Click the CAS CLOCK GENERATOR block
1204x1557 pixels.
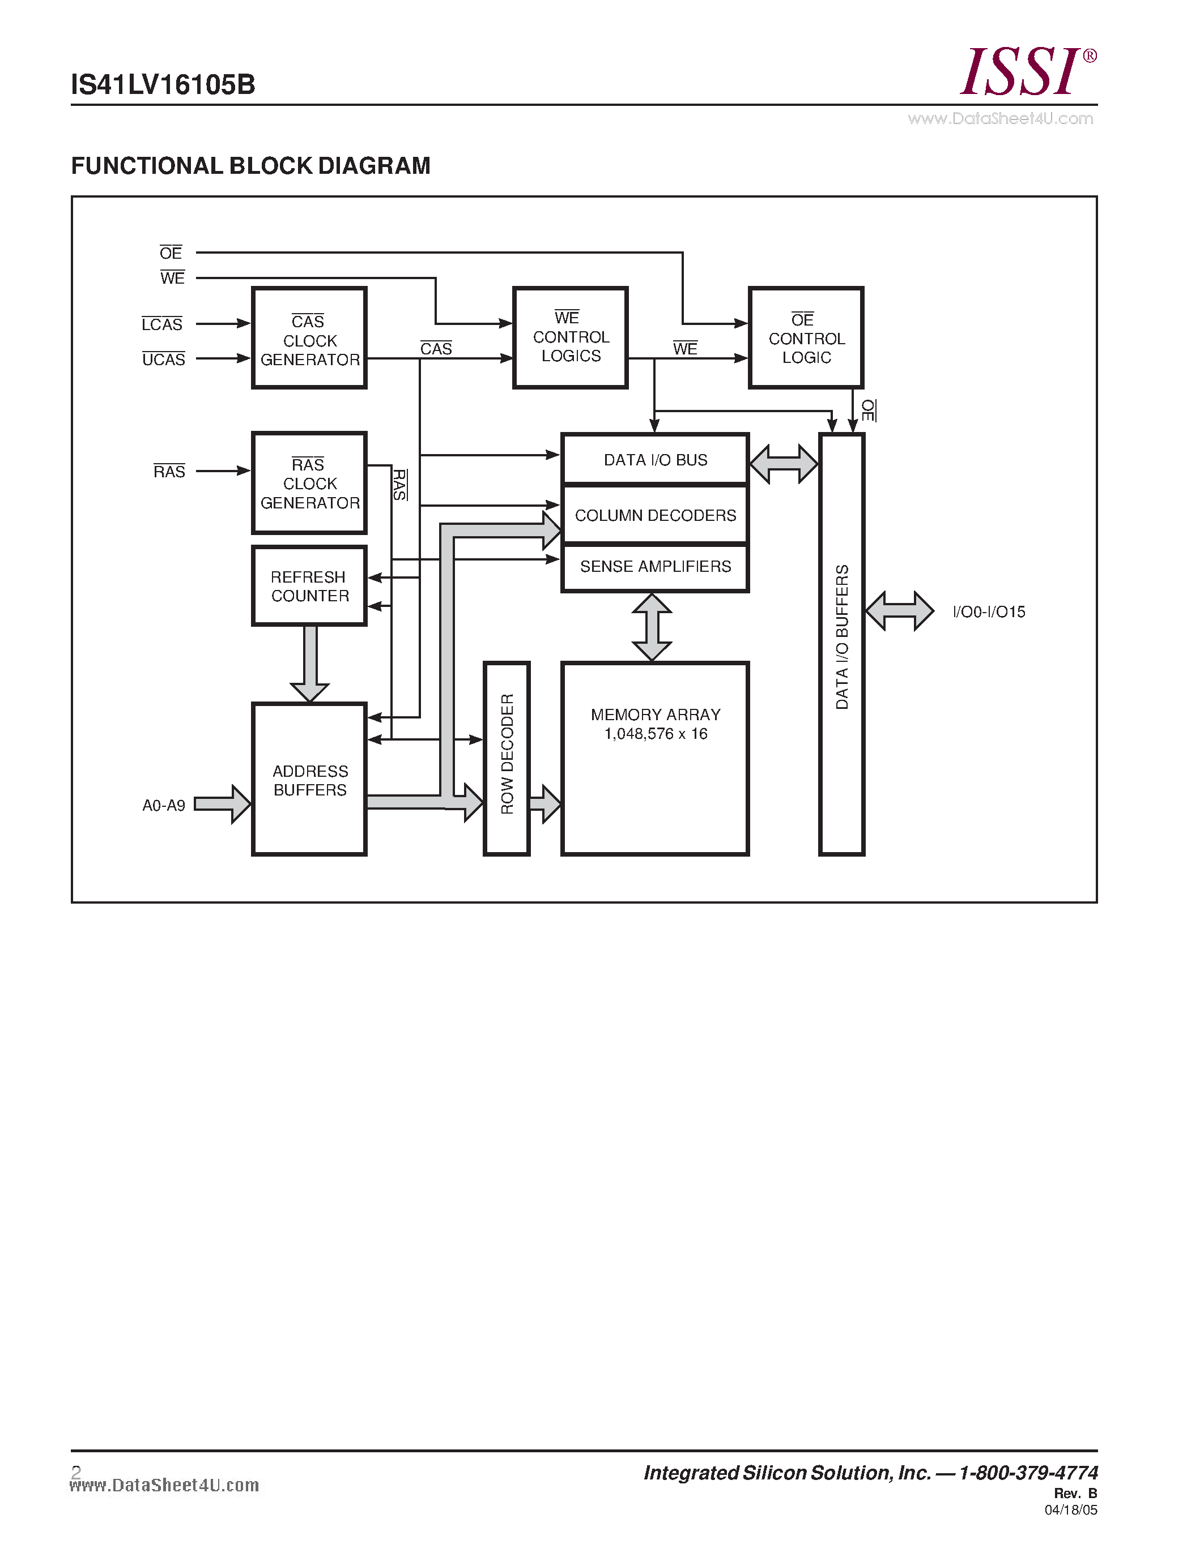coord(309,338)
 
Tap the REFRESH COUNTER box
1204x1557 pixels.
coord(309,586)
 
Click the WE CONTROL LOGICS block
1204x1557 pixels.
coord(571,338)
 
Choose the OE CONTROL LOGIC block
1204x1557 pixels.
coord(806,338)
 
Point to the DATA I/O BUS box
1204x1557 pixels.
coord(655,460)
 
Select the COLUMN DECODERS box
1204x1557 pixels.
coord(655,515)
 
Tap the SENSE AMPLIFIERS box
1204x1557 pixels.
coord(655,567)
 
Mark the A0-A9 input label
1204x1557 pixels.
coord(163,806)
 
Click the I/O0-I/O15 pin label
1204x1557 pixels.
coord(989,611)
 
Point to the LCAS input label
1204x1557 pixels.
coord(162,324)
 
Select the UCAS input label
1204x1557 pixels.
coord(163,360)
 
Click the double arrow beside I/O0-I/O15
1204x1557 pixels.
coord(899,611)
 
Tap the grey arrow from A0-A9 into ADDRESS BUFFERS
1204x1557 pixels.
coord(223,804)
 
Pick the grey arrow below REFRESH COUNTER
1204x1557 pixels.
coord(309,663)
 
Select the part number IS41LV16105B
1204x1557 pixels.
coord(163,85)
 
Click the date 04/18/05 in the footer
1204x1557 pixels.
coord(1071,1510)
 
